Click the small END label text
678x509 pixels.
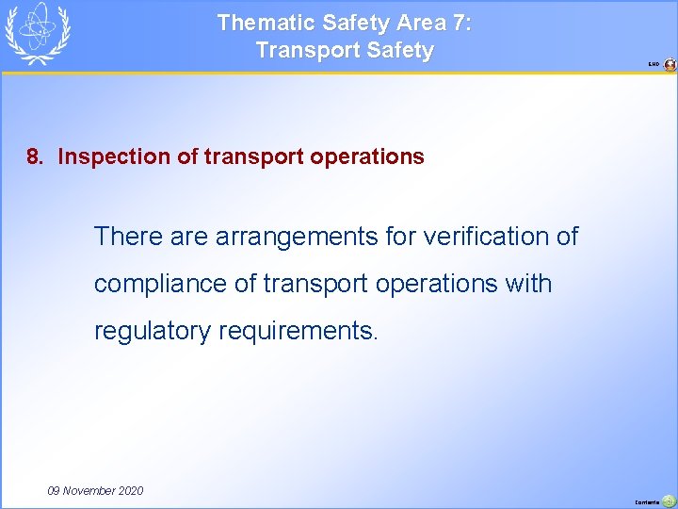click(654, 65)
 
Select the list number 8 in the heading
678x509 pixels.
click(34, 156)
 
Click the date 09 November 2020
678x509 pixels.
click(95, 490)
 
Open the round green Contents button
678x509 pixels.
click(669, 501)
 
